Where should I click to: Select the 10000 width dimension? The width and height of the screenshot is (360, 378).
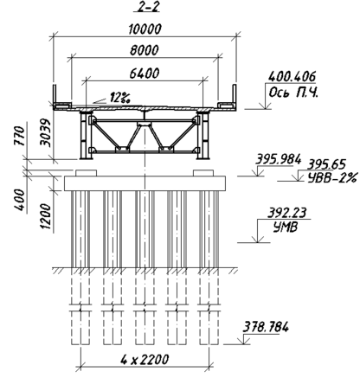[x=145, y=29]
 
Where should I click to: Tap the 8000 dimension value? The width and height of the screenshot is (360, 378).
[x=145, y=50]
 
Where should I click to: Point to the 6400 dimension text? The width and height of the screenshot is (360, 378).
[x=144, y=74]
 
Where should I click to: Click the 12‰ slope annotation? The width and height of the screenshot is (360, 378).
[x=119, y=98]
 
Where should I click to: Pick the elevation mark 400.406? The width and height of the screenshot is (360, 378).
[x=292, y=77]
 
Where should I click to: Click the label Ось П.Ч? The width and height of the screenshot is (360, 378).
[x=293, y=93]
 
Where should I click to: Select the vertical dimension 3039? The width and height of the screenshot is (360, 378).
[x=46, y=132]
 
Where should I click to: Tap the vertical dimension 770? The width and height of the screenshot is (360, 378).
[x=20, y=136]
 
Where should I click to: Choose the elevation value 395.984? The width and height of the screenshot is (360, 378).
[x=279, y=159]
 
